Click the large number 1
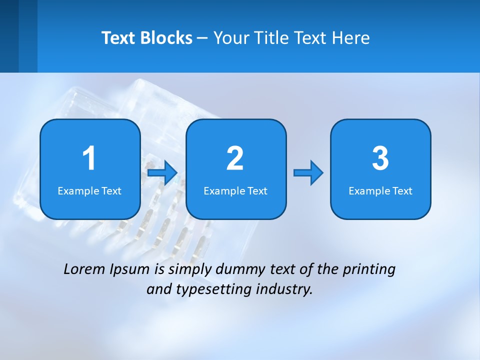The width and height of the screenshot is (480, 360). (89, 158)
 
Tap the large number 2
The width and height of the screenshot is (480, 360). (235, 158)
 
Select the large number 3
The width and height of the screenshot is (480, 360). (380, 158)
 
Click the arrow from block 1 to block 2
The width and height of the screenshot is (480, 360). (162, 173)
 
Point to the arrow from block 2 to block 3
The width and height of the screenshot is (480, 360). (308, 173)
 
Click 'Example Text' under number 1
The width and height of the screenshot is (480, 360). (89, 191)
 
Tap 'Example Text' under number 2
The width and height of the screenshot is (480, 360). (235, 191)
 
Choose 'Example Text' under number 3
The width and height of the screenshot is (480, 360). (380, 191)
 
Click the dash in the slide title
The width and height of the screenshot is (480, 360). (202, 38)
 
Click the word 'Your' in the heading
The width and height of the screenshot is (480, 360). (230, 38)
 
